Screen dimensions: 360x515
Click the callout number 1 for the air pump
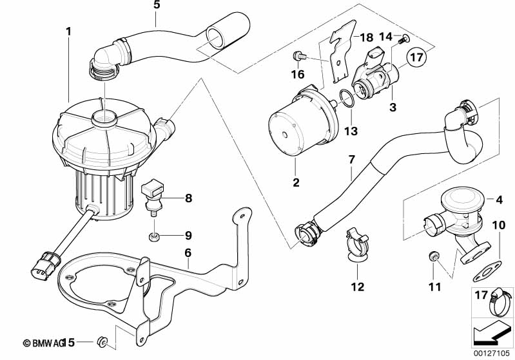pyautogui.click(x=68, y=30)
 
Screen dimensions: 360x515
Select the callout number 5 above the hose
pyautogui.click(x=157, y=5)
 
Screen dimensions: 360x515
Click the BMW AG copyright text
pyautogui.click(x=43, y=341)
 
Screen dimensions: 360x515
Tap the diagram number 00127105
pyautogui.click(x=493, y=354)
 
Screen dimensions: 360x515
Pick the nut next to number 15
pyautogui.click(x=102, y=339)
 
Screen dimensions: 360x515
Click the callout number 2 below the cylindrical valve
pyautogui.click(x=296, y=183)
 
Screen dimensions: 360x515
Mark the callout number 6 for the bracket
pyautogui.click(x=188, y=253)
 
